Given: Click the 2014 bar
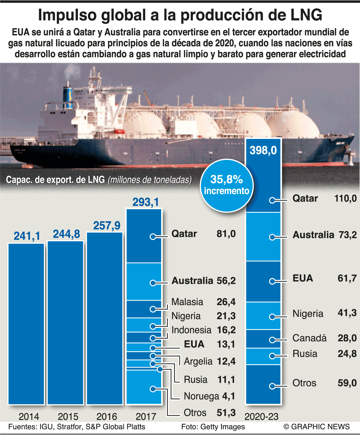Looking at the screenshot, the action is [26, 324].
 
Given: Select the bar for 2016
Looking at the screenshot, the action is [105, 318].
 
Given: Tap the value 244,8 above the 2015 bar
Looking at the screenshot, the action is [66, 234].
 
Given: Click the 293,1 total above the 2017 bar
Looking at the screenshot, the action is [146, 202].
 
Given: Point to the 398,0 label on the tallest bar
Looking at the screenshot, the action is [263, 150].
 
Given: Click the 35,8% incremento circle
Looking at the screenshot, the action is [227, 185].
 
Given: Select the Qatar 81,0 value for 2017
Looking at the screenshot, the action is [226, 234].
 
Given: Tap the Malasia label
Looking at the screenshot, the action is [187, 302].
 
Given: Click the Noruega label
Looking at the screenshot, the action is [201, 396].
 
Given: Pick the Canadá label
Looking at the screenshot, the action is [309, 338].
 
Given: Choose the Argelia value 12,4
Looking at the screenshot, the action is [226, 361].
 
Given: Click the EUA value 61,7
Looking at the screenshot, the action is [347, 278].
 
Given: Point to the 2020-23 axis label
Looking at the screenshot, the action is [261, 417].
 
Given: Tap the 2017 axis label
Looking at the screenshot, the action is [146, 417].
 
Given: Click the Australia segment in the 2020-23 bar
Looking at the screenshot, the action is [263, 237].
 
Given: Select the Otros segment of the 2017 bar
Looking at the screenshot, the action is [144, 387].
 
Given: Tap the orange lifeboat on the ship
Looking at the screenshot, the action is [119, 131].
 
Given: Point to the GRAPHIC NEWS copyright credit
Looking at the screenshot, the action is [316, 427].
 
